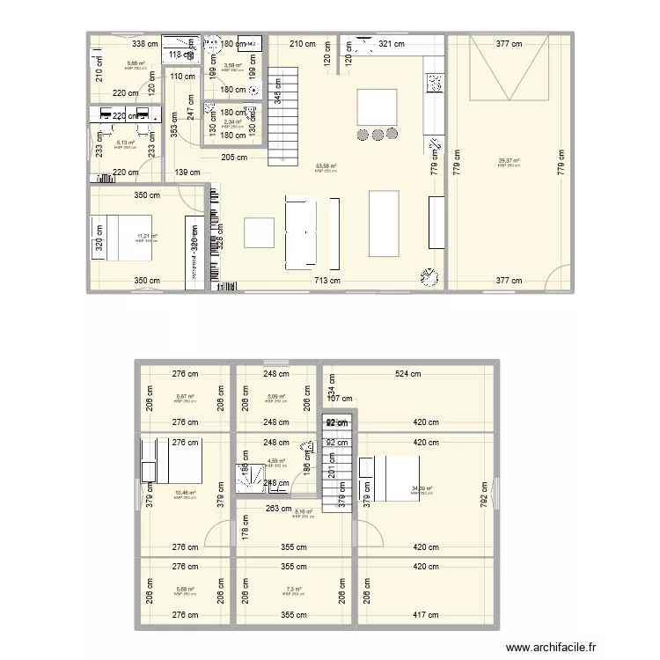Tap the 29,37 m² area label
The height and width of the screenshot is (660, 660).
coord(509,161)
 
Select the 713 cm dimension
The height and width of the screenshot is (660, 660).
coord(327,282)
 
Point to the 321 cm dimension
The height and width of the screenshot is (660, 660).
coord(392,43)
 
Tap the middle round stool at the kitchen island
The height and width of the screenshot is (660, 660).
coord(378,135)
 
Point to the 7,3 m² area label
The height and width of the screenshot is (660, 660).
coord(292,590)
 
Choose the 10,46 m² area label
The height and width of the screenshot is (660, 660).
coord(184,493)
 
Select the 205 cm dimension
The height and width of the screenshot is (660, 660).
coord(234,158)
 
